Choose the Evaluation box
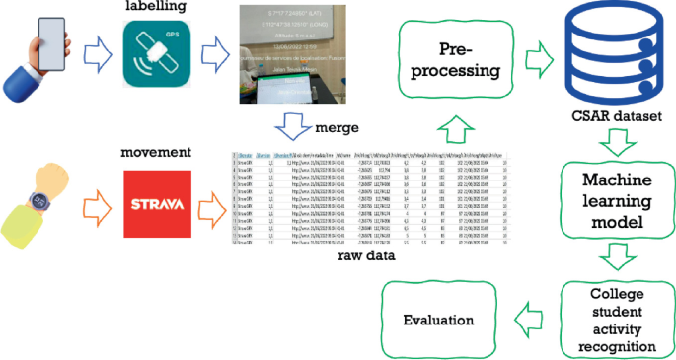438,321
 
